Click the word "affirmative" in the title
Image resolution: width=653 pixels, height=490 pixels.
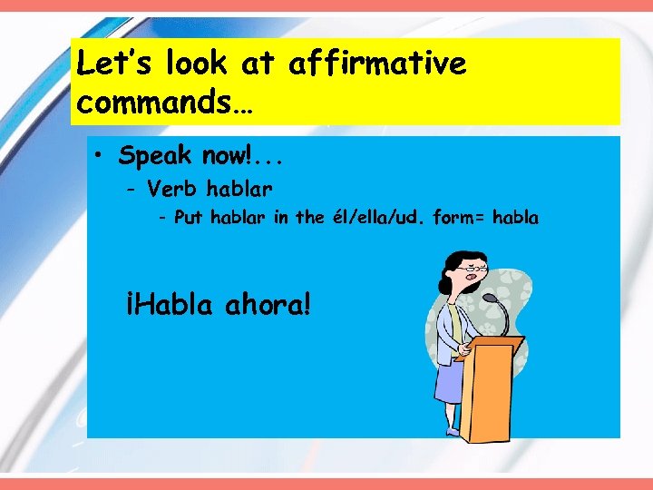(x=377, y=64)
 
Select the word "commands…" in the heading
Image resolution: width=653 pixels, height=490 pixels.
(x=166, y=103)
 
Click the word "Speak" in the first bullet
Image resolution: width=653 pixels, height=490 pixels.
(x=155, y=156)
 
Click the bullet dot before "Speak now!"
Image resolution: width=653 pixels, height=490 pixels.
(x=98, y=155)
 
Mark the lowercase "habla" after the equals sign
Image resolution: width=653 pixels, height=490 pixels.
(x=513, y=218)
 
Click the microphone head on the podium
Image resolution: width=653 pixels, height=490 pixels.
(x=489, y=299)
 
